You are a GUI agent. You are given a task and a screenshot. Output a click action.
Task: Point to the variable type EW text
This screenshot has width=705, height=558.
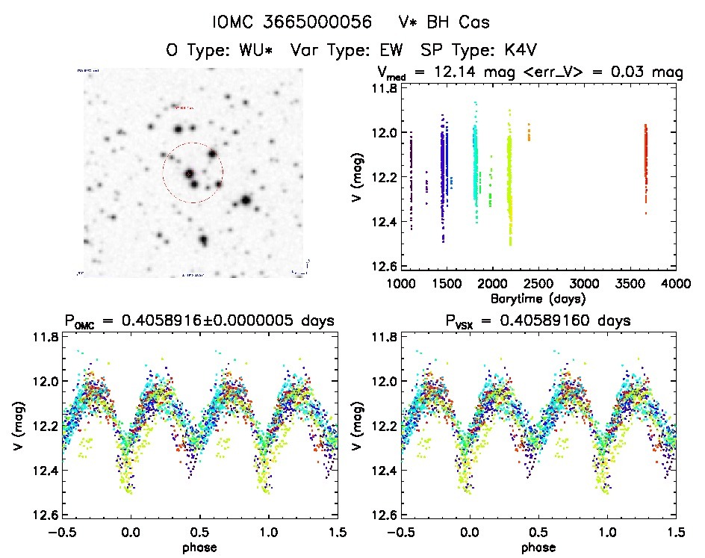(x=393, y=51)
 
